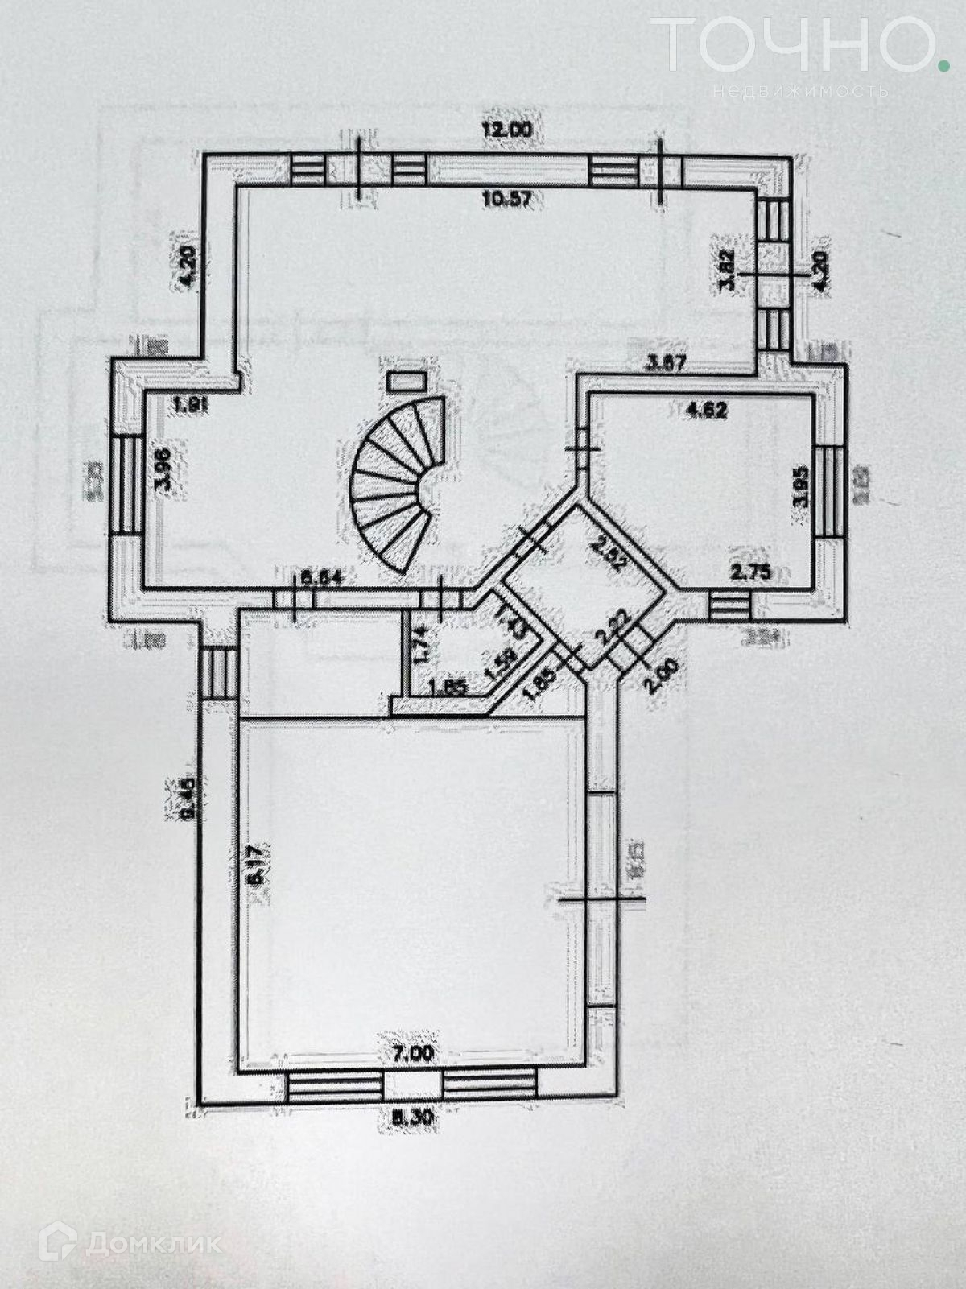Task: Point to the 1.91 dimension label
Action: pos(192,406)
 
